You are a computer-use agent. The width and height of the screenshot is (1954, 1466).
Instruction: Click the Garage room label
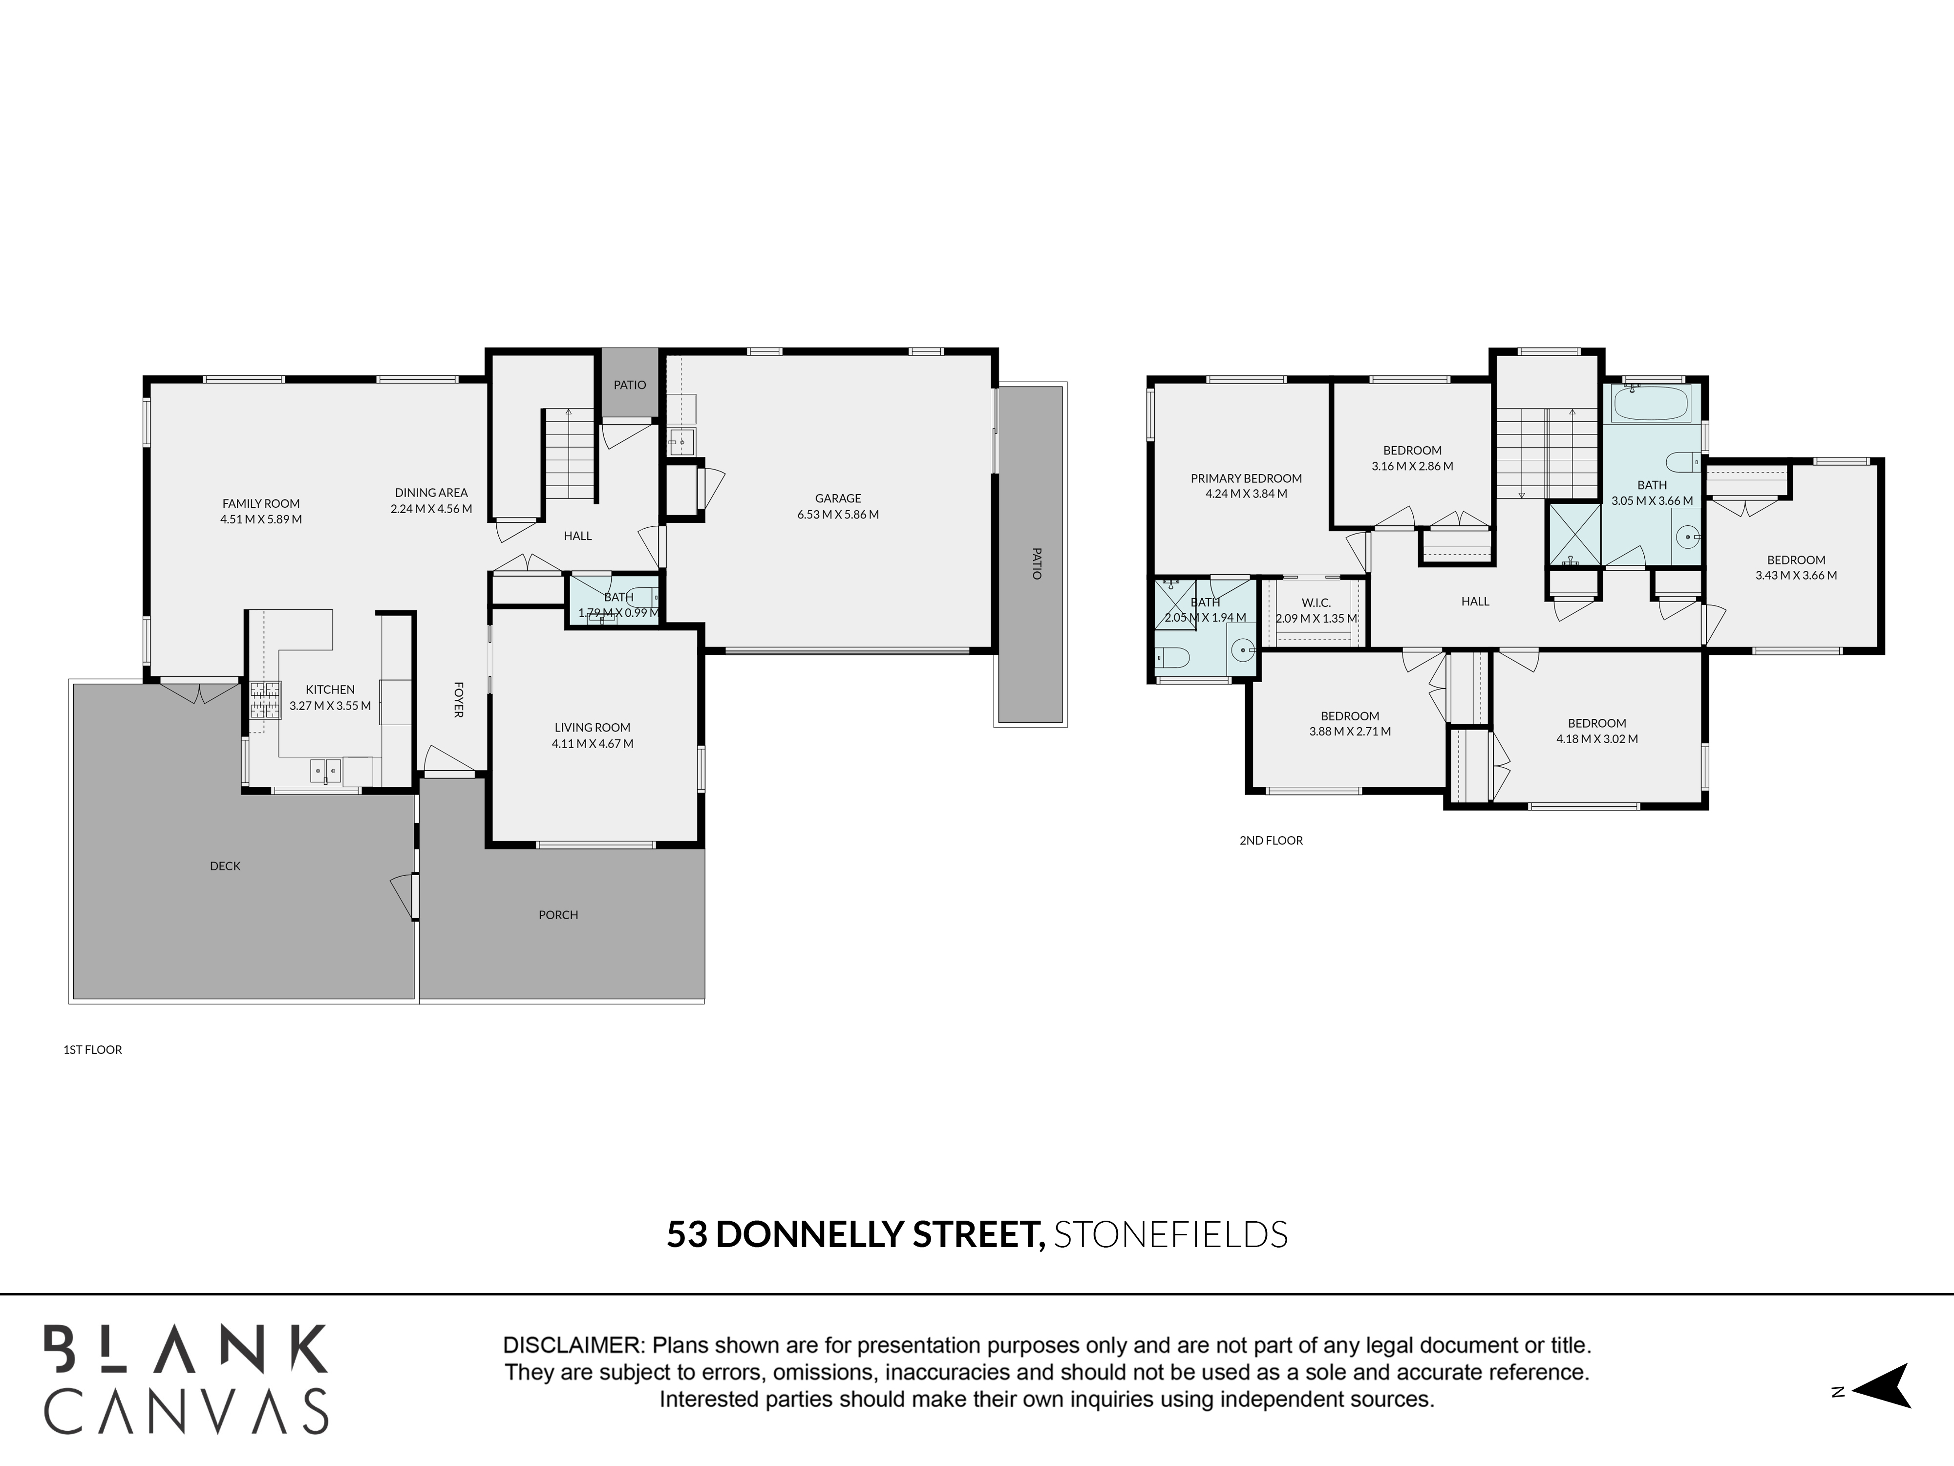[837, 498]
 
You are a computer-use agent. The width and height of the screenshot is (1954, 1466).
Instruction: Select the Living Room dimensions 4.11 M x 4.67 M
[593, 744]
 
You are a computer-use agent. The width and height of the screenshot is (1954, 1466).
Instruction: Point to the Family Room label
[261, 504]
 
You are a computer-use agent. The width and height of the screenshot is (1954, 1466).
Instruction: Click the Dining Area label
[431, 493]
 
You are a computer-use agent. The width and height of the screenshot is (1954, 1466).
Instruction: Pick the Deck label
[225, 866]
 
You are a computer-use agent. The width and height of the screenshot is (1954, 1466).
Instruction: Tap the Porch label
[558, 915]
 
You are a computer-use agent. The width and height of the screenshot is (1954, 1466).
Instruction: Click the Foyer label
[459, 699]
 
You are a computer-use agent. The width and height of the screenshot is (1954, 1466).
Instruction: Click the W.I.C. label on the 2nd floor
[1316, 603]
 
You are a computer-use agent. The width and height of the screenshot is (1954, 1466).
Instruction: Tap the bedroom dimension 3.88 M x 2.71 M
[1350, 732]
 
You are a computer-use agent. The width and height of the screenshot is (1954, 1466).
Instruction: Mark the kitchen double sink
[326, 772]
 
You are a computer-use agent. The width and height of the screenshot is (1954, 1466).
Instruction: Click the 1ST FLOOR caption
[93, 1050]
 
